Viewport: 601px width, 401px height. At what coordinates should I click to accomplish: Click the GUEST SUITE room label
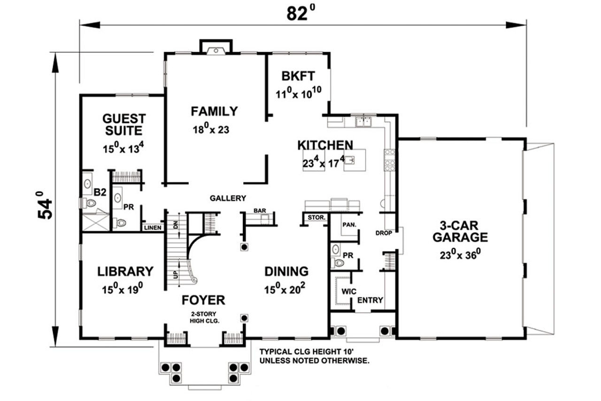124,124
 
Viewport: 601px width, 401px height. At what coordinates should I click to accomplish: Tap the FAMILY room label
214,111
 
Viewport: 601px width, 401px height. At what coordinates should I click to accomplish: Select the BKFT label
298,76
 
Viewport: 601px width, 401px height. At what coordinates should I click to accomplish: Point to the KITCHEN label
325,145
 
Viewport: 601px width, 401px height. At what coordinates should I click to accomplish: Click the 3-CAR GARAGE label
460,231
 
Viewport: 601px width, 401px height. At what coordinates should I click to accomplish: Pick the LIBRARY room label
125,271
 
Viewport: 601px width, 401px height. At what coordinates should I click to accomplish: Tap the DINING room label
286,271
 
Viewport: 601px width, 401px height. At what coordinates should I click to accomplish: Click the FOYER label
203,300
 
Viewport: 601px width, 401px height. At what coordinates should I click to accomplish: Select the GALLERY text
228,198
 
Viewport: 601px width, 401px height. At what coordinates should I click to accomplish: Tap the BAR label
260,211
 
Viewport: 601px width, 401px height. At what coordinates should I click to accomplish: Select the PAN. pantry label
349,225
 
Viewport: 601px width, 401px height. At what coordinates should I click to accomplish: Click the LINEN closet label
153,228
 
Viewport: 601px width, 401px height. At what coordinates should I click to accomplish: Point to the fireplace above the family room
216,47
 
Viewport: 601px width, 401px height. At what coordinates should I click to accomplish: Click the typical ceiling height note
314,356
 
